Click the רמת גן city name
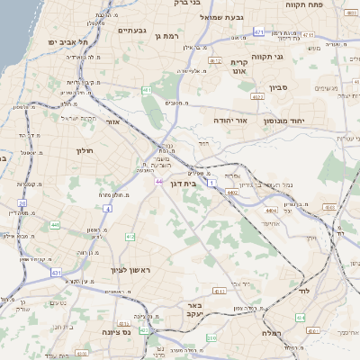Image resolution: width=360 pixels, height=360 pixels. click(168, 35)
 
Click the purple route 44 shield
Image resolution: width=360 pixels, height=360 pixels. click(157, 182)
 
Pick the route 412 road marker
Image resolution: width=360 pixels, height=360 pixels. click(130, 237)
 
